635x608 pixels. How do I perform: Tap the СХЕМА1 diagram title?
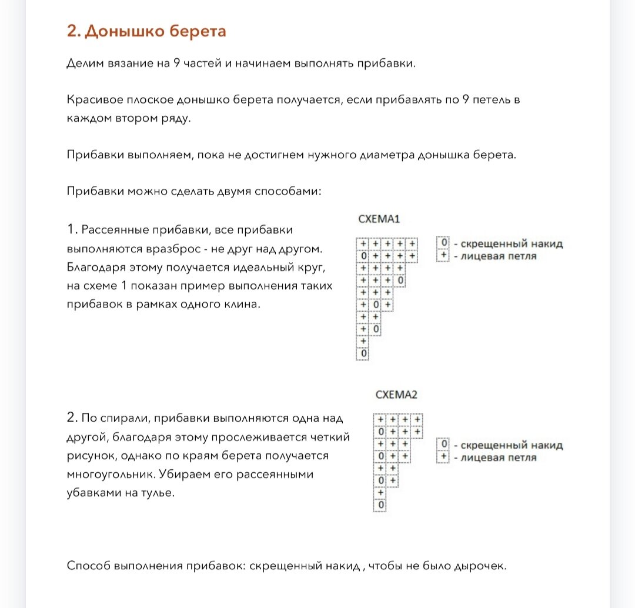pyautogui.click(x=379, y=219)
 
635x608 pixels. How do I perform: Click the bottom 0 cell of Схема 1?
pyautogui.click(x=363, y=354)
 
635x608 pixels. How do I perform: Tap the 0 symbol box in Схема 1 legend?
pyautogui.click(x=444, y=243)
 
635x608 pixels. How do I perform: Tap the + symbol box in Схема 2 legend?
pyautogui.click(x=444, y=457)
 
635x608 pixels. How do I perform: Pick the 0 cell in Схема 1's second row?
pyautogui.click(x=363, y=256)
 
